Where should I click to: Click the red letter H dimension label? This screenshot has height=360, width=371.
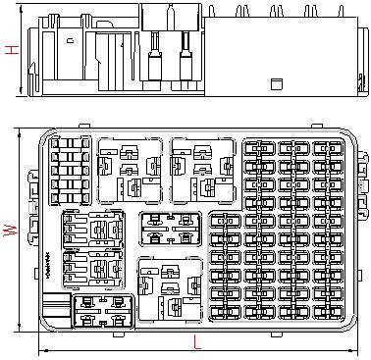pyautogui.click(x=12, y=50)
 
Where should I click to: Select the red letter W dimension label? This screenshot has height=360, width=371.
pyautogui.click(x=10, y=231)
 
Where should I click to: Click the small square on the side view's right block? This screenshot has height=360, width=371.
pyautogui.click(x=277, y=84)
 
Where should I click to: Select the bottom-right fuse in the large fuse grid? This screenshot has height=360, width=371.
pyautogui.click(x=328, y=313)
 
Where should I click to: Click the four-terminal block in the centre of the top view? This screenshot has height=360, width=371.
pyautogui.click(x=170, y=229)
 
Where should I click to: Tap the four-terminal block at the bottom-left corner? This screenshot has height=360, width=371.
pyautogui.click(x=103, y=311)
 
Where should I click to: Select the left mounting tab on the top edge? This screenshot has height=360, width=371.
pyautogui.click(x=84, y=126)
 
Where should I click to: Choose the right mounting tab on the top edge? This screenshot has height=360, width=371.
pyautogui.click(x=317, y=126)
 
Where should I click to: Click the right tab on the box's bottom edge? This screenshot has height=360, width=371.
pyautogui.click(x=276, y=334)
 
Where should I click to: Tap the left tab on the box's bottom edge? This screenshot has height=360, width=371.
pyautogui.click(x=119, y=334)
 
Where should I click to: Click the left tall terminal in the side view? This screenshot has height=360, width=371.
pyautogui.click(x=154, y=56)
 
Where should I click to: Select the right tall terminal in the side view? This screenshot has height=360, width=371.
pyautogui.click(x=185, y=56)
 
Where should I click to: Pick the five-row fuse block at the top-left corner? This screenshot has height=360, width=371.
pyautogui.click(x=70, y=171)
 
